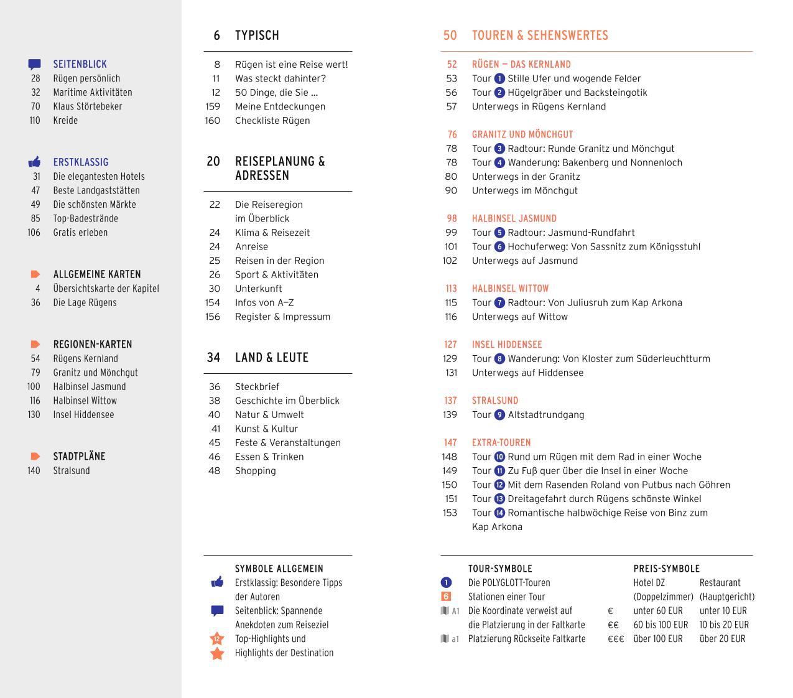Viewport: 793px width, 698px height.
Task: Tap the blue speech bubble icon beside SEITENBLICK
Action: click(35, 64)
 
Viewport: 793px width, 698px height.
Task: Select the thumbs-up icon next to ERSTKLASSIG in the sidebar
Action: click(35, 162)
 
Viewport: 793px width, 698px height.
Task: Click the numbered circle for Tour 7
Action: click(499, 303)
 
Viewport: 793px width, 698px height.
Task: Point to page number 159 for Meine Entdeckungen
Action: click(213, 106)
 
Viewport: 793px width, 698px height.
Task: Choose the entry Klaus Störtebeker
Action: click(88, 106)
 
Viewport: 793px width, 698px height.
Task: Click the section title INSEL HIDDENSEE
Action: click(507, 345)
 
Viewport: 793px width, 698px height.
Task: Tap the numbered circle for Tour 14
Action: click(499, 513)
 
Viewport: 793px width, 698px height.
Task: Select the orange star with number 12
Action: click(217, 639)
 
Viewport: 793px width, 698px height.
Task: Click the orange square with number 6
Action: click(446, 597)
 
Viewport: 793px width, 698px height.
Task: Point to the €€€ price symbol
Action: click(616, 639)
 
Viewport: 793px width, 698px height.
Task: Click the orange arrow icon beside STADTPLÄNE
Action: click(35, 457)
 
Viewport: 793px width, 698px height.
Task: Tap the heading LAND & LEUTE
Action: click(272, 358)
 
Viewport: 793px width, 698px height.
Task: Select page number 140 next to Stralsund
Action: click(34, 471)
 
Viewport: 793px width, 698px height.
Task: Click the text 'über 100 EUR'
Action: click(658, 639)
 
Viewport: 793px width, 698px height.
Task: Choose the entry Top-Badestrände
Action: click(85, 218)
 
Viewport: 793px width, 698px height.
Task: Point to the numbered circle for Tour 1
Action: click(499, 79)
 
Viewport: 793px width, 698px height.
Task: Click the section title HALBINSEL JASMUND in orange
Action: click(514, 218)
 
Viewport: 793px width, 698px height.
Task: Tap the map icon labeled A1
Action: click(450, 611)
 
